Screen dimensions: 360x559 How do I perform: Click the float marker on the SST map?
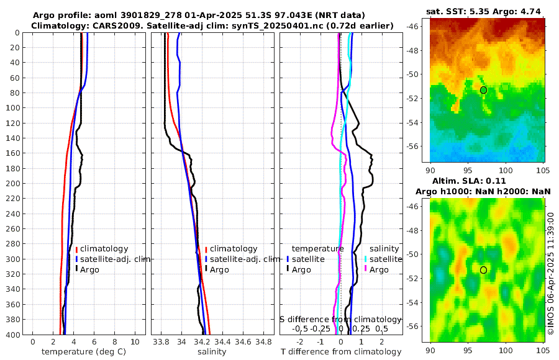coord(483,90)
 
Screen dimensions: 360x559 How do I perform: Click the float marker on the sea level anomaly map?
coord(483,270)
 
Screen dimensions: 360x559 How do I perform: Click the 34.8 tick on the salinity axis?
coord(264,341)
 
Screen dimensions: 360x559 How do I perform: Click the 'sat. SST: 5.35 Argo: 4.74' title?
coord(484,12)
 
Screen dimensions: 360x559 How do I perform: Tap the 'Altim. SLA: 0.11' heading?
coord(484,181)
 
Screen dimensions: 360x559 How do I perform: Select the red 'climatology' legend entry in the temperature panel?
coord(104,248)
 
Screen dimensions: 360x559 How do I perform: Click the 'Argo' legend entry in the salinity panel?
coord(219,269)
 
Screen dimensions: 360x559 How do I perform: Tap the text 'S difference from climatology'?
coord(340,318)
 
